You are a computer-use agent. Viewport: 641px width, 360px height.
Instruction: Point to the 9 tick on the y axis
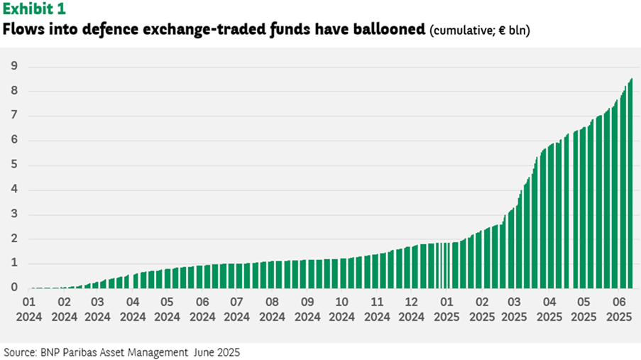click(13, 67)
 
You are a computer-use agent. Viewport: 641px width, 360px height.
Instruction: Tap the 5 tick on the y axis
click(13, 165)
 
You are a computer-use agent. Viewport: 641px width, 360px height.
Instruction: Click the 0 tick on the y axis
click(13, 288)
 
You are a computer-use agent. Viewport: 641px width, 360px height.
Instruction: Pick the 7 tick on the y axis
click(13, 116)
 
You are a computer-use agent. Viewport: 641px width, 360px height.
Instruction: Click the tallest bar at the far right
click(631, 185)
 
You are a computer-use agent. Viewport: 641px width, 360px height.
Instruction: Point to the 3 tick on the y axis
click(13, 214)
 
